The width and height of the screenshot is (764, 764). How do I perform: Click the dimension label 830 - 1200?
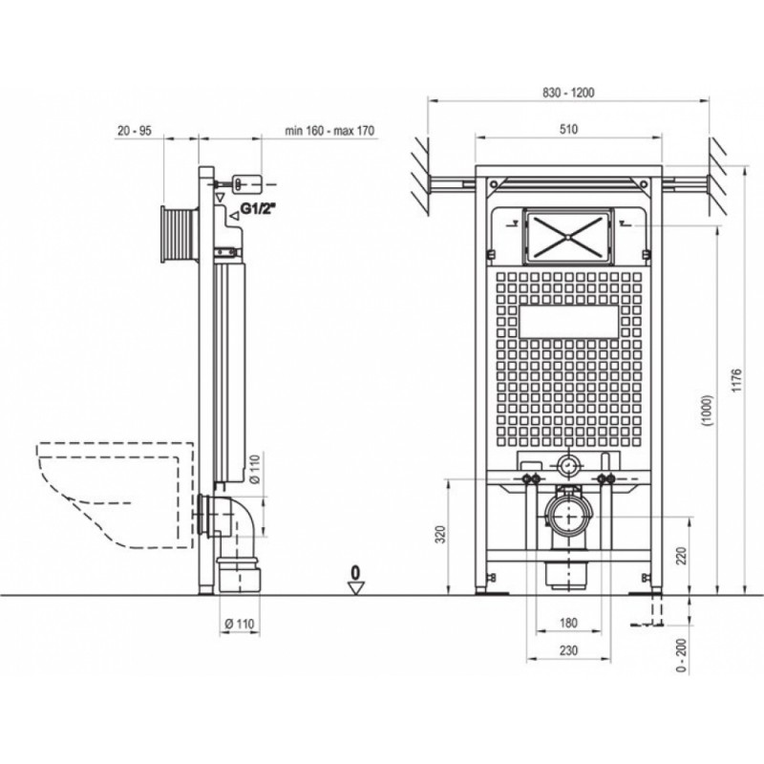click(568, 93)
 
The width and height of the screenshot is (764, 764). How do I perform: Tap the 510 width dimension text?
click(568, 129)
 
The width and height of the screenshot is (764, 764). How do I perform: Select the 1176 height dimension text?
click(736, 381)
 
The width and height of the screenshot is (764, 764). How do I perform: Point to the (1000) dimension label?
click(708, 411)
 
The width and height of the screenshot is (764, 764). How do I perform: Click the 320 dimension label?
click(440, 535)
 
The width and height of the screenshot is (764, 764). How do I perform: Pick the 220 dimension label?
click(682, 557)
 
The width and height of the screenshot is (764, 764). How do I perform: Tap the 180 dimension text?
click(568, 623)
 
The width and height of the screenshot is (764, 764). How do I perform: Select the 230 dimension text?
click(568, 650)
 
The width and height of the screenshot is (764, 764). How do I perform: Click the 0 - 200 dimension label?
click(682, 655)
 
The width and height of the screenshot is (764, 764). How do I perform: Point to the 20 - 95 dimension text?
click(135, 131)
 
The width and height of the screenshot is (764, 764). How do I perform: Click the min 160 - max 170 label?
click(329, 131)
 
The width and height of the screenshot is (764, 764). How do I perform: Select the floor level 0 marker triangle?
click(357, 588)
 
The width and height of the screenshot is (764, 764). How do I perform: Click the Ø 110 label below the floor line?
click(240, 624)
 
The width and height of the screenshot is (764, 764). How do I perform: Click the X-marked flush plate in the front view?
click(568, 237)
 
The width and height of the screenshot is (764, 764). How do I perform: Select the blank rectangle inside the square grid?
click(569, 322)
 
